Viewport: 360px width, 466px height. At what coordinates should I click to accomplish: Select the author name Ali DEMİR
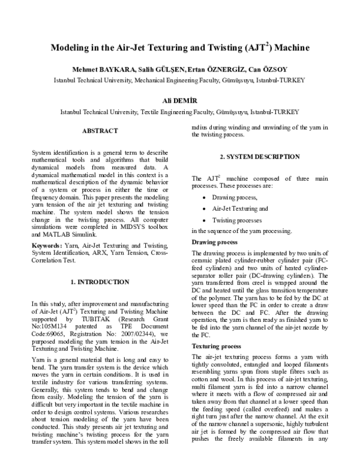[x=179, y=100]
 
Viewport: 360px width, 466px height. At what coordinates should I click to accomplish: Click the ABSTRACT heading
[x=100, y=130]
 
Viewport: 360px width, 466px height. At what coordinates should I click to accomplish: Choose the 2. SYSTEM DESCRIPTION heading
[x=259, y=157]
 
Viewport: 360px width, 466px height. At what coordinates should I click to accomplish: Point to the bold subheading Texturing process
[x=217, y=346]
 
